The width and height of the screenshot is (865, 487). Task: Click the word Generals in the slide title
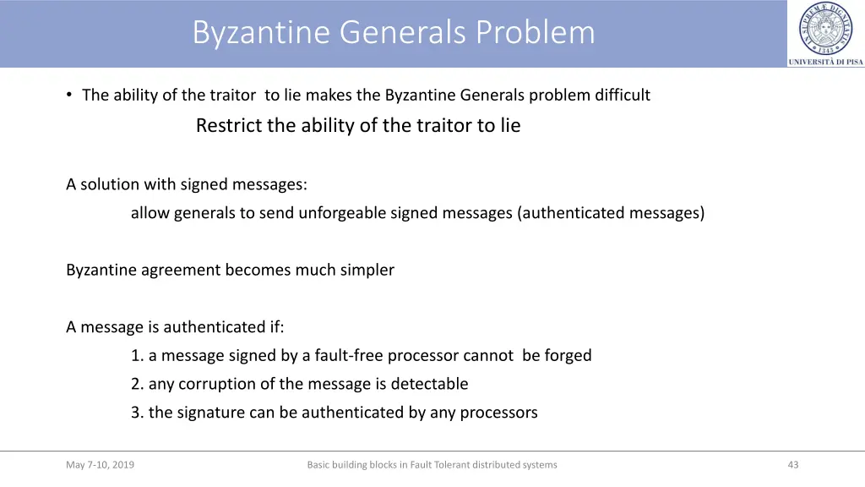pyautogui.click(x=403, y=32)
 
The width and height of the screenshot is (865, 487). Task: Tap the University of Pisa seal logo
pyautogui.click(x=825, y=29)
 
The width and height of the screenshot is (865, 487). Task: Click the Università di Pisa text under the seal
pyautogui.click(x=825, y=62)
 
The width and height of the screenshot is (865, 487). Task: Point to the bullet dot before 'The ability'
pyautogui.click(x=69, y=95)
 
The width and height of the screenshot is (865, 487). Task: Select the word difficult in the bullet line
pyautogui.click(x=623, y=95)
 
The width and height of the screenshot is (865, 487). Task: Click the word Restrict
pyautogui.click(x=229, y=126)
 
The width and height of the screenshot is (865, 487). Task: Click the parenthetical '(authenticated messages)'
pyautogui.click(x=611, y=213)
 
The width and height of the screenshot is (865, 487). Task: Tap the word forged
pyautogui.click(x=569, y=356)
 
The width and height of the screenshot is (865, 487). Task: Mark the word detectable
pyautogui.click(x=429, y=384)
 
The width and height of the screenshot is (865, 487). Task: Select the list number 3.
pyautogui.click(x=136, y=413)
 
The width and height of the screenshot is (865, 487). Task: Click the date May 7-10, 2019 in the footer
pyautogui.click(x=100, y=465)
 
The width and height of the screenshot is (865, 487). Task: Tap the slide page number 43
pyautogui.click(x=792, y=465)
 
